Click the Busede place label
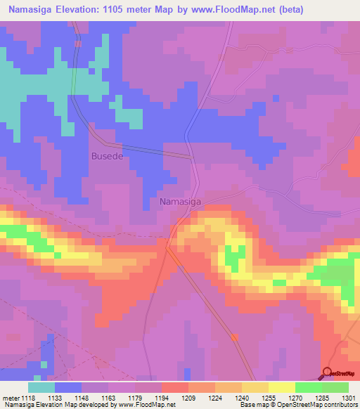coord(107,156)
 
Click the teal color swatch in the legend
coord(41,387)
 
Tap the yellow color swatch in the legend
coord(281,387)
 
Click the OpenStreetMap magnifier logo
coord(327,373)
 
